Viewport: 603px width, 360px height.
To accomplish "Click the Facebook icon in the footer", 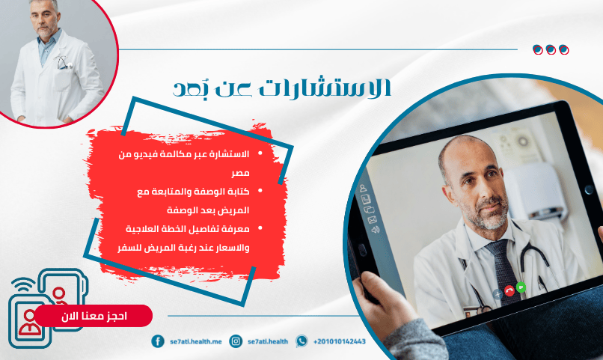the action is (158, 341).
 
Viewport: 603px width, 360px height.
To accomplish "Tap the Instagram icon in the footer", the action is (236, 341).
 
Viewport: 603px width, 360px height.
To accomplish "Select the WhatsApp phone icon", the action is (301, 341).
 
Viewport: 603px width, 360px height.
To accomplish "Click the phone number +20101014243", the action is (339, 341).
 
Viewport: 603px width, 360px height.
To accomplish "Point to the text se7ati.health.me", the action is (196, 341).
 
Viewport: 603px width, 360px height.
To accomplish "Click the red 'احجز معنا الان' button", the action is (94, 316).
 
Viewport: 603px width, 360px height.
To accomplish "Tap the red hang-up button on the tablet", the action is (509, 290).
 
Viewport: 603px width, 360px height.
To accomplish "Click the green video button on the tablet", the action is (521, 287).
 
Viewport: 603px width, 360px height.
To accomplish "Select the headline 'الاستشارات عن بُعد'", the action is (282, 87).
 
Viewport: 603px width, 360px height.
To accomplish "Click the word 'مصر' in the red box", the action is (240, 173).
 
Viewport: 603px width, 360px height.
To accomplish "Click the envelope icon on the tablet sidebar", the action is (373, 220).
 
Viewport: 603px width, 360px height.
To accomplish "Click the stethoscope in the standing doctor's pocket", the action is (64, 62).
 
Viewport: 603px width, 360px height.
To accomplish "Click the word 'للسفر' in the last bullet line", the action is (127, 247).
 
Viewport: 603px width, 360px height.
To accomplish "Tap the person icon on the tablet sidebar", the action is (363, 188).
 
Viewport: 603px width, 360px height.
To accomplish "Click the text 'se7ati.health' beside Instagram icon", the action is (268, 341).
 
